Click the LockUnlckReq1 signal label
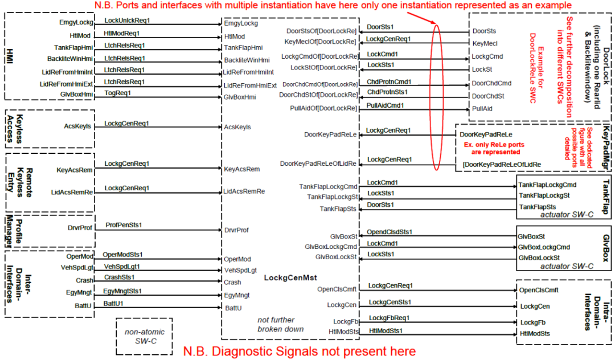126,21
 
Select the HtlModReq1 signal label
122,33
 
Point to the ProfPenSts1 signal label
124,225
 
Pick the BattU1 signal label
113,304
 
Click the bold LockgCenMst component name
290,278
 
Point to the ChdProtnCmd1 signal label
389,81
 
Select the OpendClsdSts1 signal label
389,232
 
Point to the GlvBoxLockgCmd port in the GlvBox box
544,247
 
